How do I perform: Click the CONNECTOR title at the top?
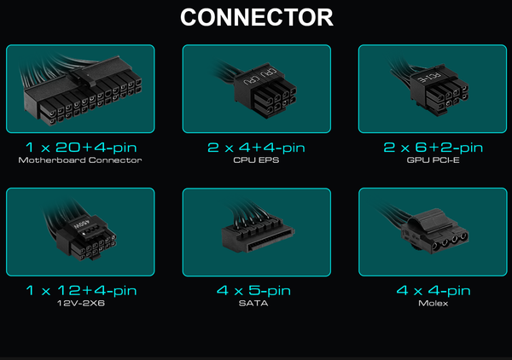(257, 17)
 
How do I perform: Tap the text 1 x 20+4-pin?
(81, 148)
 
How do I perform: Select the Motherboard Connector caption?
(80, 160)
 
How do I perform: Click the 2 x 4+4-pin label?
(256, 148)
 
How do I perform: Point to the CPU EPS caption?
(256, 160)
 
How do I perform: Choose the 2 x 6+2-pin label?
(433, 148)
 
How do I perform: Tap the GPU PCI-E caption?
(433, 160)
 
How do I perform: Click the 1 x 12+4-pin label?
(81, 291)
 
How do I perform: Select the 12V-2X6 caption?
(81, 303)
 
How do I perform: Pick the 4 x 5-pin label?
(253, 291)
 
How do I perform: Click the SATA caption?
(253, 303)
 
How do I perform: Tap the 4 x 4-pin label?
(433, 291)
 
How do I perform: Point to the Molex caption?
(433, 303)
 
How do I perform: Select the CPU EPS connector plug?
(265, 91)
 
